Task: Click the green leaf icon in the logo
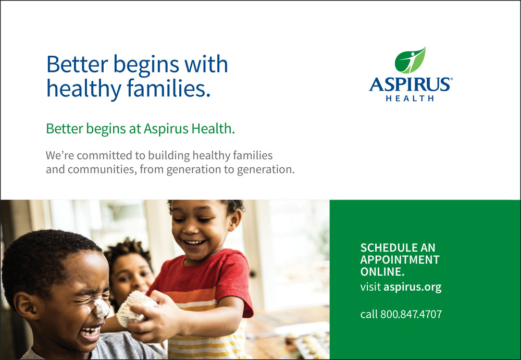tap(410, 60)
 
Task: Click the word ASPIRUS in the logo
tap(410, 84)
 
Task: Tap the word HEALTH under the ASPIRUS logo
tap(410, 98)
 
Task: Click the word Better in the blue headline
tap(77, 64)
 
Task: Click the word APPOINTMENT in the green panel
tap(400, 259)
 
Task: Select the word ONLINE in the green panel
tap(382, 271)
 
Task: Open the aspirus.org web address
tap(412, 287)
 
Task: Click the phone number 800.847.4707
tap(411, 314)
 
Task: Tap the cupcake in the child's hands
tap(134, 308)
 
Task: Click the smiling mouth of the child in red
tap(195, 243)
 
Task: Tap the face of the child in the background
tap(131, 276)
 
